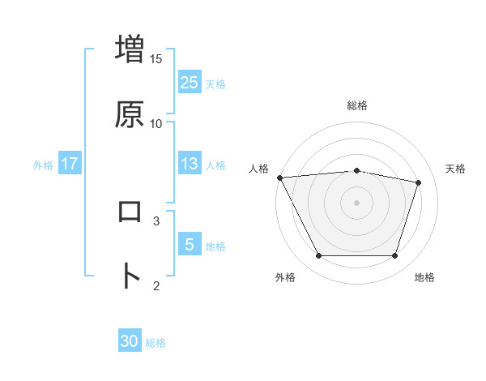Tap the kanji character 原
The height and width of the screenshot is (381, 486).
tap(130, 114)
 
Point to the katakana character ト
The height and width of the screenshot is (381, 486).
tap(130, 276)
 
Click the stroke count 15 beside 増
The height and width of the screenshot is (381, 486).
tap(156, 59)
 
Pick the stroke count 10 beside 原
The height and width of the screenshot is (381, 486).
tap(156, 124)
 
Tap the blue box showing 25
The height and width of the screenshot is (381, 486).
tap(190, 82)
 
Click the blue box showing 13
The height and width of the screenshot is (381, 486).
tap(190, 164)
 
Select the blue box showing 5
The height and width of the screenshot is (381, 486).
tap(190, 244)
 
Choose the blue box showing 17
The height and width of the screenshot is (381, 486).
tap(70, 164)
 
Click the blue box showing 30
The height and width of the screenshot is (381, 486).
tap(130, 341)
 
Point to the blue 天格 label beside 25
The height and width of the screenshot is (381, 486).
tap(215, 83)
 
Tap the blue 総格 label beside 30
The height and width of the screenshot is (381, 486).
tap(156, 343)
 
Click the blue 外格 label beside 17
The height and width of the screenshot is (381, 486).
tap(43, 165)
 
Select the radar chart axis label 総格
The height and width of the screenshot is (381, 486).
tap(357, 105)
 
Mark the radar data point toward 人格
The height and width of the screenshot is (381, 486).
tap(279, 178)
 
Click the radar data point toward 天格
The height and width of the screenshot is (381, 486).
tap(419, 182)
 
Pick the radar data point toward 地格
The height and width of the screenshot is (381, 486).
tap(394, 256)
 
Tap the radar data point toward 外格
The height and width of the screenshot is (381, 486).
tap(318, 256)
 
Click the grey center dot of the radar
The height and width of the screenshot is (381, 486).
tap(357, 203)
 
